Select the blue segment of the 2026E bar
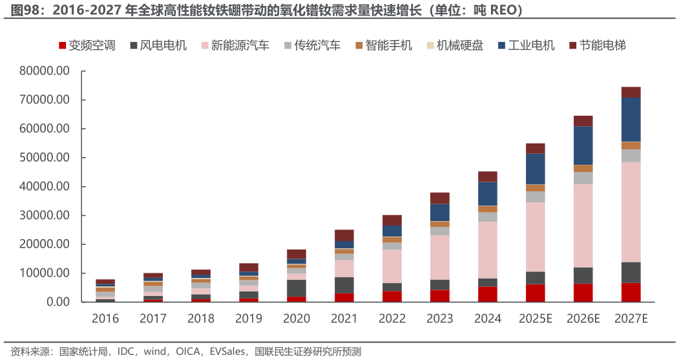[x=583, y=145]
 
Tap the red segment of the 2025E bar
[x=535, y=293]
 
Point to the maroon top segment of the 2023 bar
[x=439, y=198]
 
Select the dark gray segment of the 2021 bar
[x=344, y=285]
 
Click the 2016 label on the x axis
[x=105, y=319]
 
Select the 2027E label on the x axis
[x=630, y=319]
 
